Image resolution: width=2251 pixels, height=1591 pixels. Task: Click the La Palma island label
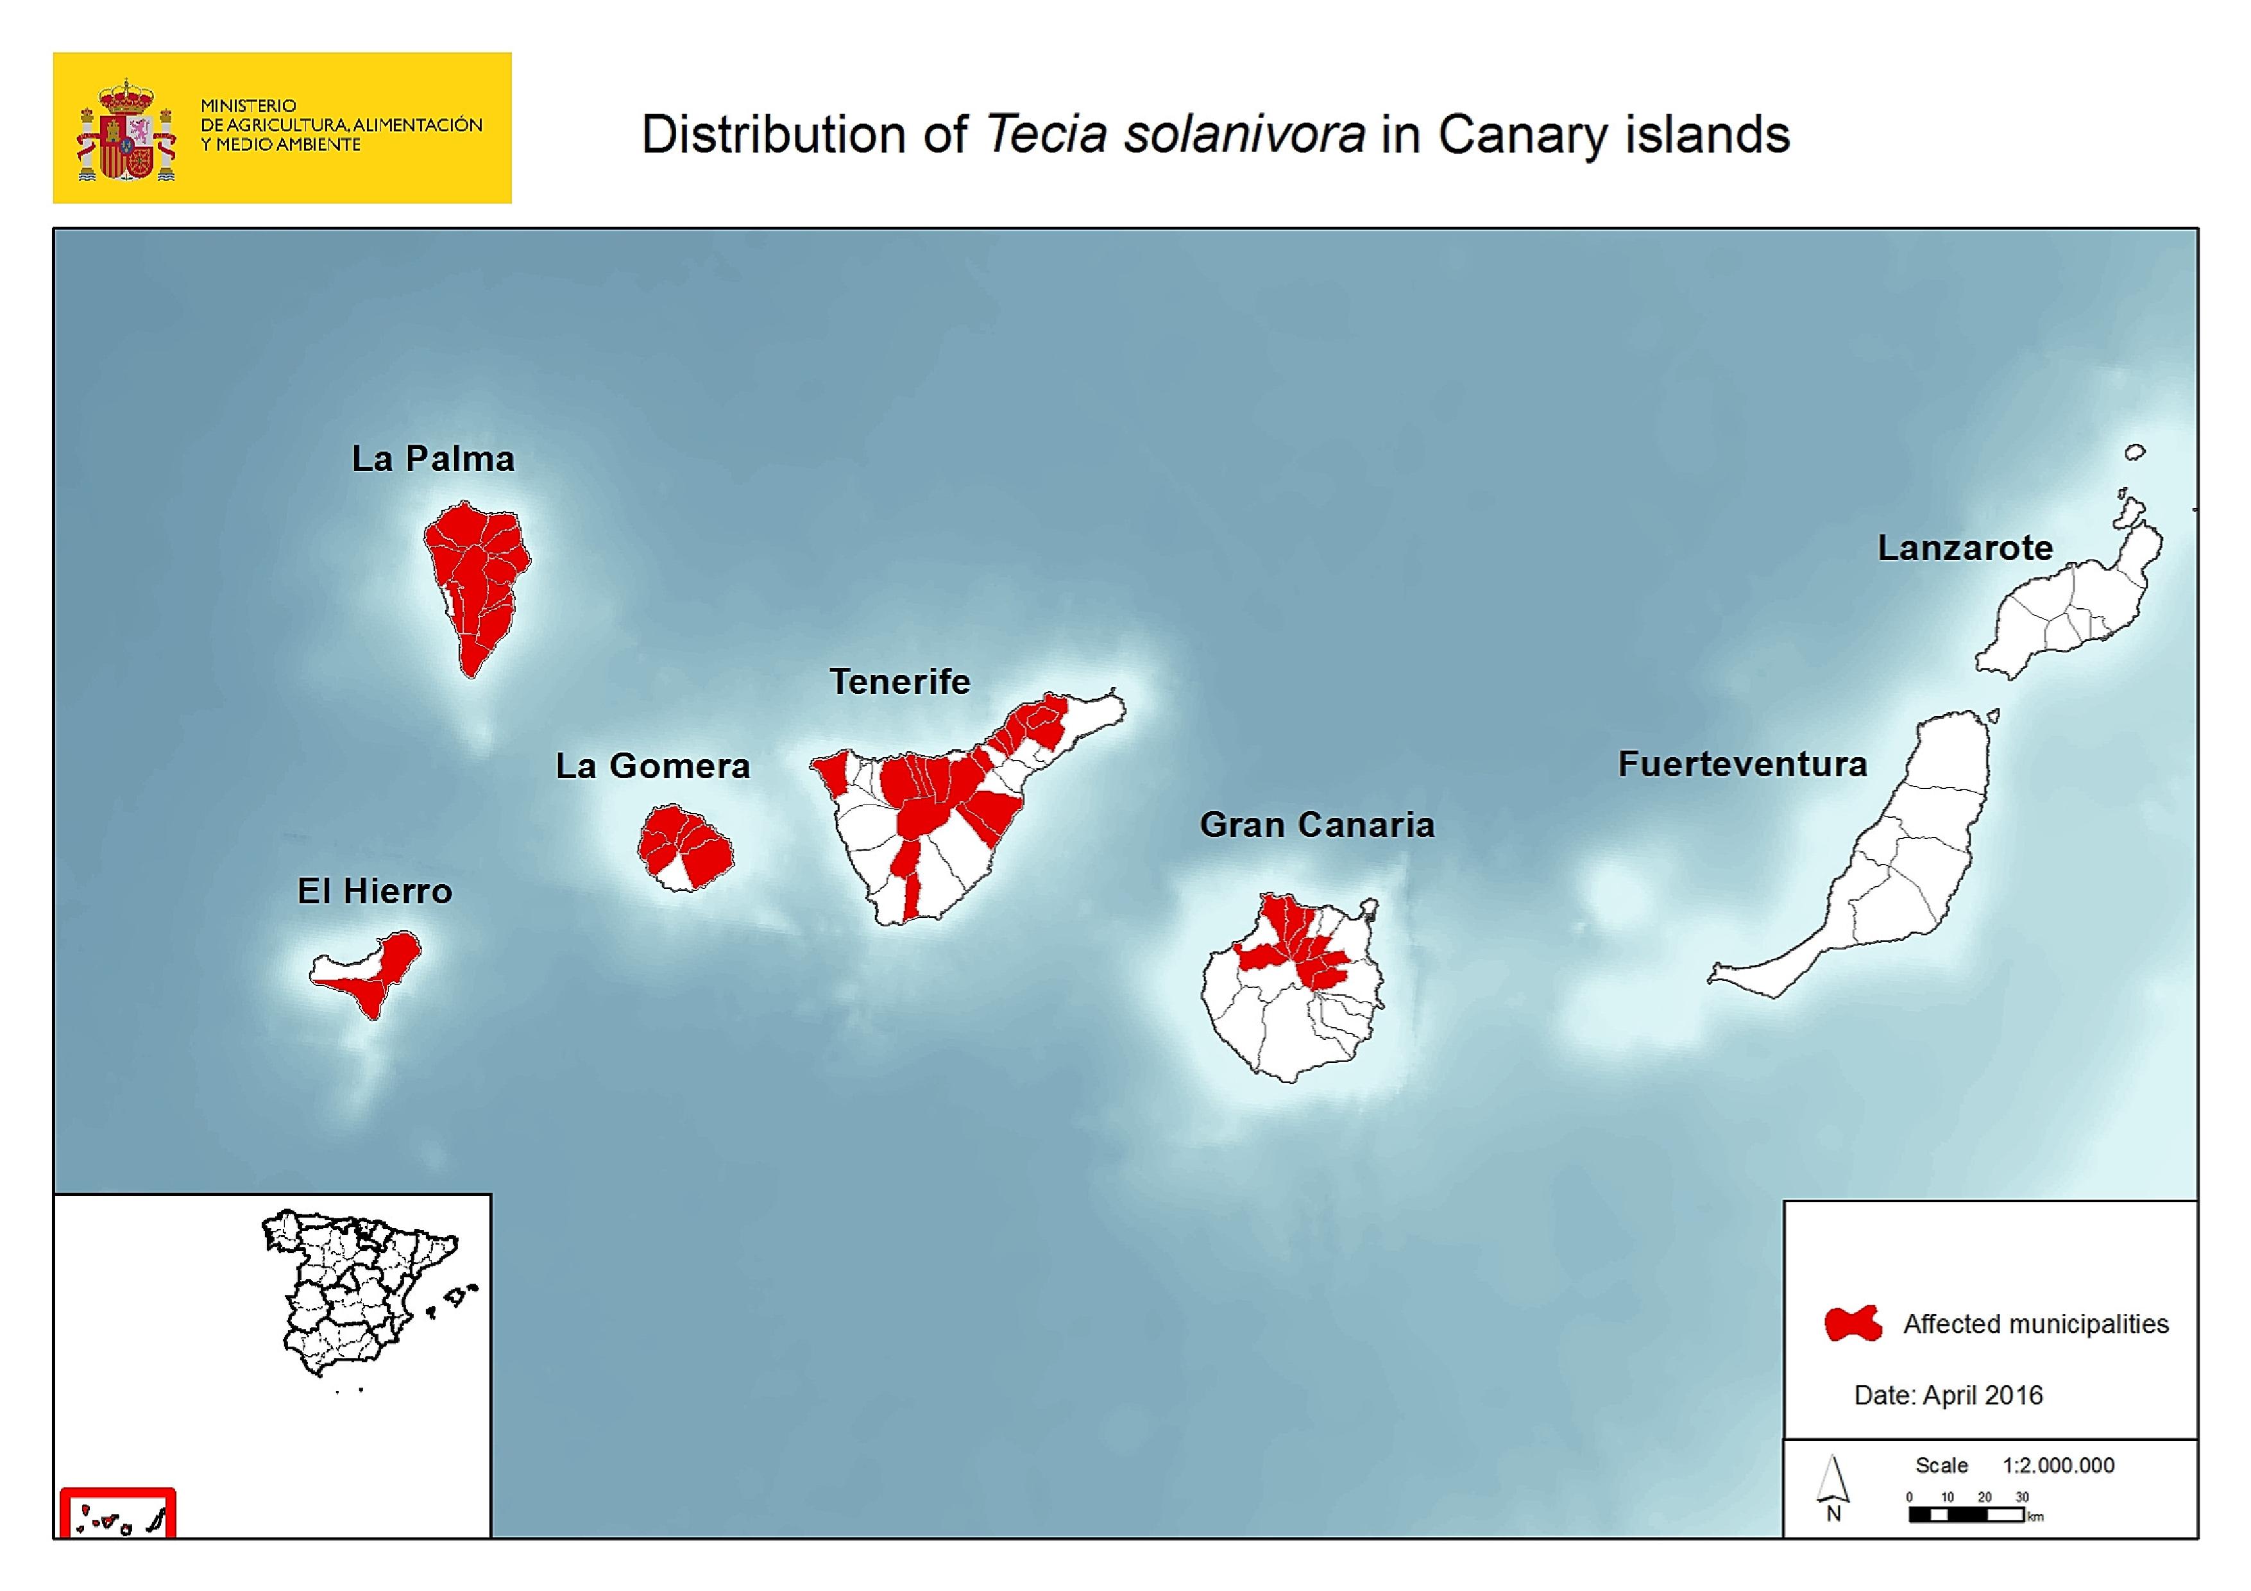tap(434, 459)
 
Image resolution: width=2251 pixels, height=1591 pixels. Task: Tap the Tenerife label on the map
tap(900, 681)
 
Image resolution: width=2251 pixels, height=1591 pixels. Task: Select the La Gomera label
tap(653, 765)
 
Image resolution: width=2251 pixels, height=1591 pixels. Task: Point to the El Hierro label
tap(375, 891)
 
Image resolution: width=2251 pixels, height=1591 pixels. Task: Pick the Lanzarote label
tap(1965, 548)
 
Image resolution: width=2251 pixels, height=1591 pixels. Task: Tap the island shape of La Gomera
tap(684, 848)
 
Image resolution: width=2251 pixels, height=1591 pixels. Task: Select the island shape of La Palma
tap(475, 579)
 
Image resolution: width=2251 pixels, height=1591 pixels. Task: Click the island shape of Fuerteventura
tap(1912, 863)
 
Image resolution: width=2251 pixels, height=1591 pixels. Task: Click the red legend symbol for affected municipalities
tap(1852, 1323)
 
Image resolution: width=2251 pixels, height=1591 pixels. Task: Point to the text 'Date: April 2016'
tap(1948, 1395)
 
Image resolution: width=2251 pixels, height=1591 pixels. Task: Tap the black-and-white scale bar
tap(1966, 1515)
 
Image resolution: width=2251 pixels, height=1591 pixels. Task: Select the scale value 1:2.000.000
tap(2058, 1465)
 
